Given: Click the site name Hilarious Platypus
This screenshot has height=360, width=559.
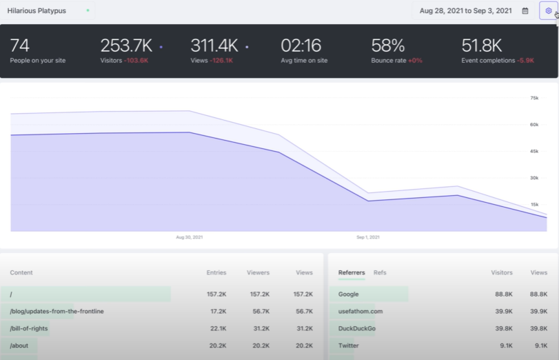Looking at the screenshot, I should point(37,11).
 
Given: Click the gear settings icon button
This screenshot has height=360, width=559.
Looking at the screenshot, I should point(548,11).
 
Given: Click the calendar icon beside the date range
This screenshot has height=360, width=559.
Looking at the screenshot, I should point(525,11).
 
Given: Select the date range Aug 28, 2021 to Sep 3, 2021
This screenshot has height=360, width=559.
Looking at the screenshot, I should point(465,11).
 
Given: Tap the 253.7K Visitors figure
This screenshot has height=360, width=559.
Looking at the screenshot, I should point(126,46).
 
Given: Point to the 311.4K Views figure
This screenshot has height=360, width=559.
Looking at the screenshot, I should point(214,46).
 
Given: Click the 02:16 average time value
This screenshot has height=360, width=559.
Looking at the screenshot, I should point(301,46).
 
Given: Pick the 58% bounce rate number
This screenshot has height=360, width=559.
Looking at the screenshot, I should point(387,46).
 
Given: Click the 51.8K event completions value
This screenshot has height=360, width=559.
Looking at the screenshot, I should point(482,46).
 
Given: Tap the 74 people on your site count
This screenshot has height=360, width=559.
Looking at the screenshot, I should point(20,46).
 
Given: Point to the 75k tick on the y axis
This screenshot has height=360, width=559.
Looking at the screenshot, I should point(533,98).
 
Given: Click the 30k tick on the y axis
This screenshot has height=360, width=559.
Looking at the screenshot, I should point(533,178).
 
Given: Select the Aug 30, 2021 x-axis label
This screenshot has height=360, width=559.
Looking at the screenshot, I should point(190,237).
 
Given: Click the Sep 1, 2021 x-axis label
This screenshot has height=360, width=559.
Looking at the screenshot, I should point(367,237).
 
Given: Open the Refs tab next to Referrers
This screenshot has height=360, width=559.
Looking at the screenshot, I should point(380,272).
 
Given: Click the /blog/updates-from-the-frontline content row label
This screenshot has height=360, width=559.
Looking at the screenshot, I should point(57,311).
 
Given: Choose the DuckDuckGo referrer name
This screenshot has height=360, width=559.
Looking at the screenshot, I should point(357,328).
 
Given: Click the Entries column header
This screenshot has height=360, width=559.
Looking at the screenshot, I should point(216,272).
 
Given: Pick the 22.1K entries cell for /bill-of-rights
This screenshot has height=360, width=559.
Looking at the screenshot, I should point(216,328).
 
